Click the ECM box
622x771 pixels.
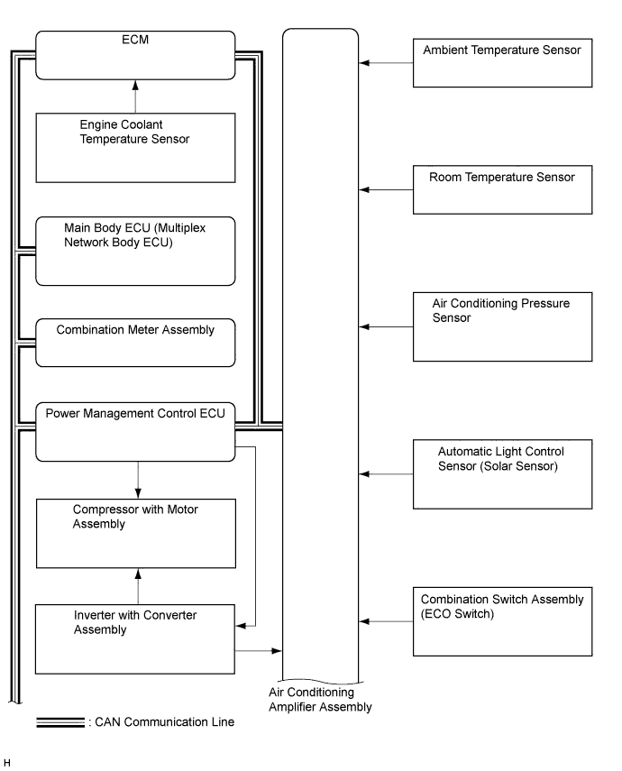pyautogui.click(x=135, y=55)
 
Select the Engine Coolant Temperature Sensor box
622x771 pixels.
pyautogui.click(x=135, y=148)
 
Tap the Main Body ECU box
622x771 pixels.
pyautogui.click(x=135, y=252)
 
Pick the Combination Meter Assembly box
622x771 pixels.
pyautogui.click(x=135, y=343)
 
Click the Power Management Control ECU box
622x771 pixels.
pyautogui.click(x=135, y=432)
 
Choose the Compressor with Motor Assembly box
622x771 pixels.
pyautogui.click(x=136, y=534)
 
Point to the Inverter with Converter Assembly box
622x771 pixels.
pyautogui.click(x=135, y=639)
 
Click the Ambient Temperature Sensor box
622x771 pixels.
pyautogui.click(x=502, y=63)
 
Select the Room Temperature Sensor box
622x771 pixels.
pyautogui.click(x=502, y=189)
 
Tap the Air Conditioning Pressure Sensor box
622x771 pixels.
pyautogui.click(x=502, y=327)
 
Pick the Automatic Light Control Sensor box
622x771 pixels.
pyautogui.click(x=502, y=474)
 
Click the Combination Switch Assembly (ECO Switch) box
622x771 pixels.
pyautogui.click(x=502, y=621)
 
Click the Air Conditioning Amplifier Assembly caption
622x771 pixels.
pyautogui.click(x=320, y=700)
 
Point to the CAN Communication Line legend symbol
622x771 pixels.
pyautogui.click(x=60, y=722)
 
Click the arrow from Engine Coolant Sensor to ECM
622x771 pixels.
pyautogui.click(x=135, y=96)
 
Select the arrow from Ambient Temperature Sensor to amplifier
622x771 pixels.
pyautogui.click(x=386, y=63)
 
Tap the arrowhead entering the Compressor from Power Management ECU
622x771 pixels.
pyautogui.click(x=138, y=493)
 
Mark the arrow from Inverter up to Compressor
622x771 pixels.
pyautogui.click(x=138, y=587)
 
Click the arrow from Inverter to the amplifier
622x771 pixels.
pyautogui.click(x=258, y=651)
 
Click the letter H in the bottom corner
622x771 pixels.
pyautogui.click(x=7, y=763)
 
